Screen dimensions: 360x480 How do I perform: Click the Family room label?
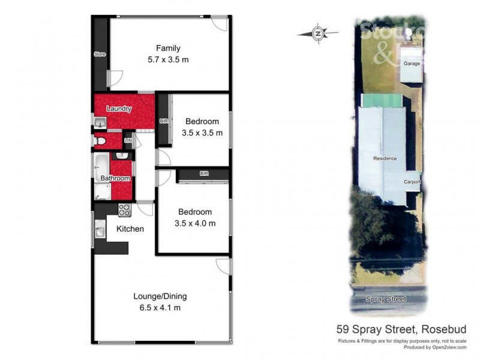coord(168,49)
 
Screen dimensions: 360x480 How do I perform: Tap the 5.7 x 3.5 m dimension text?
coord(168,60)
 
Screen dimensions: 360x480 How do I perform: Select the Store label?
coord(100,55)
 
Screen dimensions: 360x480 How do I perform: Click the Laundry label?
coord(119,109)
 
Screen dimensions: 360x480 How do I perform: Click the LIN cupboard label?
coord(127,141)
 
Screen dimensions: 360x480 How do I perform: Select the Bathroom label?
coord(115,178)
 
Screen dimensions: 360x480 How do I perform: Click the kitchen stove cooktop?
coord(124,210)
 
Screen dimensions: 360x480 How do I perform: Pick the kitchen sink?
coord(100,229)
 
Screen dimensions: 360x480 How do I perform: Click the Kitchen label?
coord(130,229)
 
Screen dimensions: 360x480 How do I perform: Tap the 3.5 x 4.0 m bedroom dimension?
coord(194,223)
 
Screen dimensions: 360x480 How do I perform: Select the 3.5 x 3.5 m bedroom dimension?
coord(202,133)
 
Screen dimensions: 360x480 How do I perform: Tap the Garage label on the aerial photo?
coord(411,64)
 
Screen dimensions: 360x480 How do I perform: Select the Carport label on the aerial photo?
coord(412,181)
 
